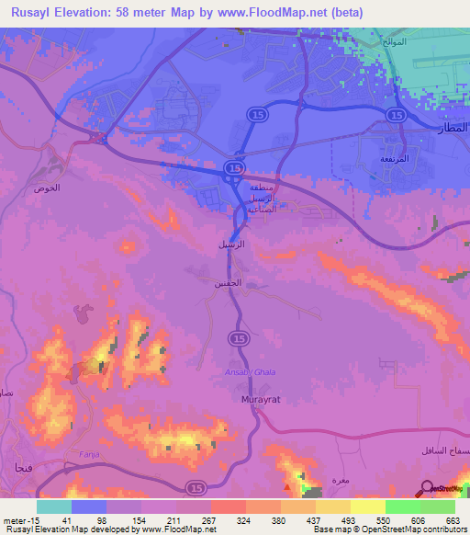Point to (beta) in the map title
(x=346, y=12)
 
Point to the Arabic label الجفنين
(x=230, y=283)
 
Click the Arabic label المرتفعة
(x=396, y=158)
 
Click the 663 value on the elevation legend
(x=453, y=519)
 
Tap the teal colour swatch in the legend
(x=53, y=506)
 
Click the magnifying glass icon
(x=427, y=490)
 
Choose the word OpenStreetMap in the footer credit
(x=394, y=529)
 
